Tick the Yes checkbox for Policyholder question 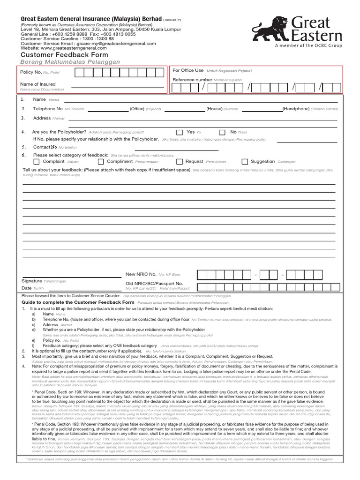(x=180, y=133)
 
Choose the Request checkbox (x=179, y=162)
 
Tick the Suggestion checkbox (x=245, y=162)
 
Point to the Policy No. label (x=30, y=72)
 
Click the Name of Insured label (x=37, y=84)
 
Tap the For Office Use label (x=188, y=70)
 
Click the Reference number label (x=192, y=80)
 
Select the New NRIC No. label (x=141, y=274)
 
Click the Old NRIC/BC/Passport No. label (x=154, y=284)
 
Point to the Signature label (x=32, y=280)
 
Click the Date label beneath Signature (x=27, y=288)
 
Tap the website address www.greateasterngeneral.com (x=75, y=48)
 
